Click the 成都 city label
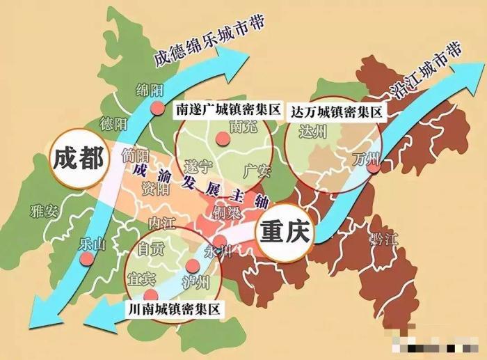pyautogui.click(x=78, y=159)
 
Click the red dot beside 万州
pyautogui.click(x=374, y=166)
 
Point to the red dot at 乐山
pyautogui.click(x=87, y=258)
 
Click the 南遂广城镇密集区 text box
pyautogui.click(x=227, y=109)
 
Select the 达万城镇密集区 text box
pyautogui.click(x=337, y=111)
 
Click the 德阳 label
pyautogui.click(x=114, y=124)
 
